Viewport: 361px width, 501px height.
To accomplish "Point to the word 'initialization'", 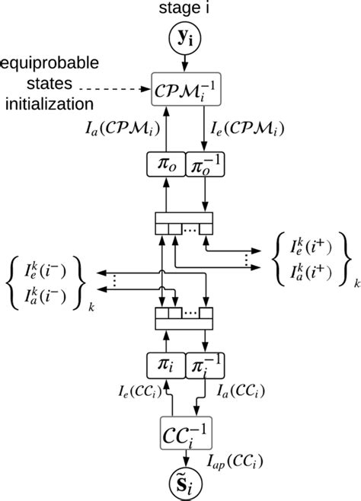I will tap(47, 102).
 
